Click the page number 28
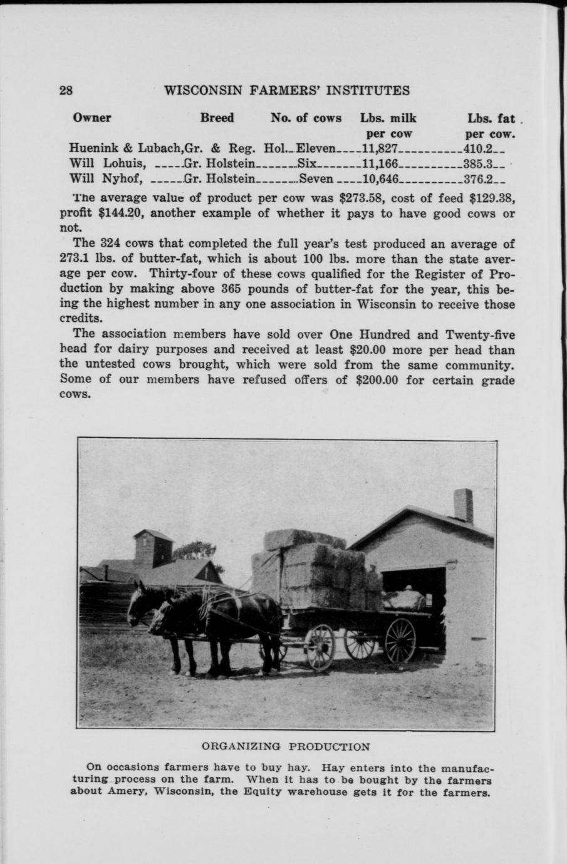point(66,90)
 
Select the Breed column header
point(217,118)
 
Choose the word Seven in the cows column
point(317,179)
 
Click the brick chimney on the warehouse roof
point(463,506)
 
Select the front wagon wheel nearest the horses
point(320,647)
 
